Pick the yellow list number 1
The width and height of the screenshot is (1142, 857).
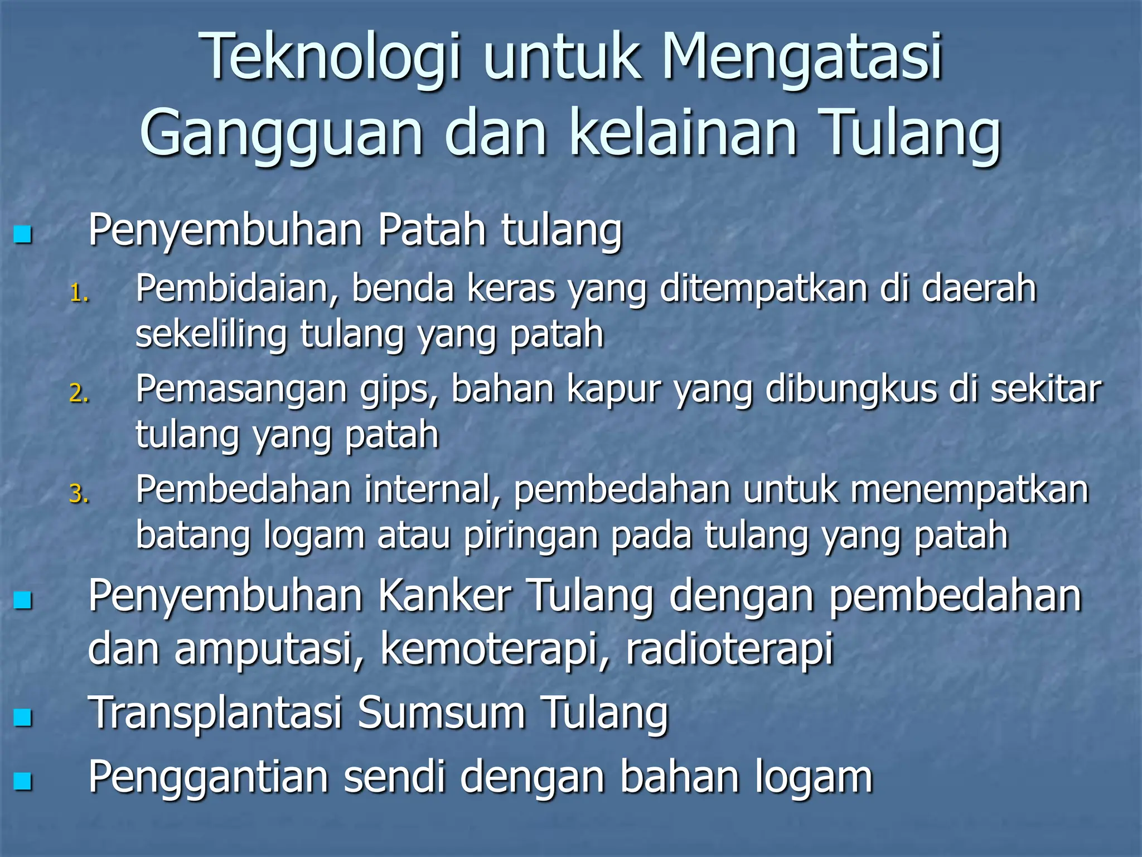pos(79,293)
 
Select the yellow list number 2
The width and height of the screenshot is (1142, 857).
pos(79,394)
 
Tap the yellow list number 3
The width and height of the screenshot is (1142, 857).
pos(79,494)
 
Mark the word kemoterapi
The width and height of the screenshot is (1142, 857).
pos(489,649)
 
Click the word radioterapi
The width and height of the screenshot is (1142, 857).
pos(729,649)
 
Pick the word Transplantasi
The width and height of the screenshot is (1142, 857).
pos(215,714)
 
